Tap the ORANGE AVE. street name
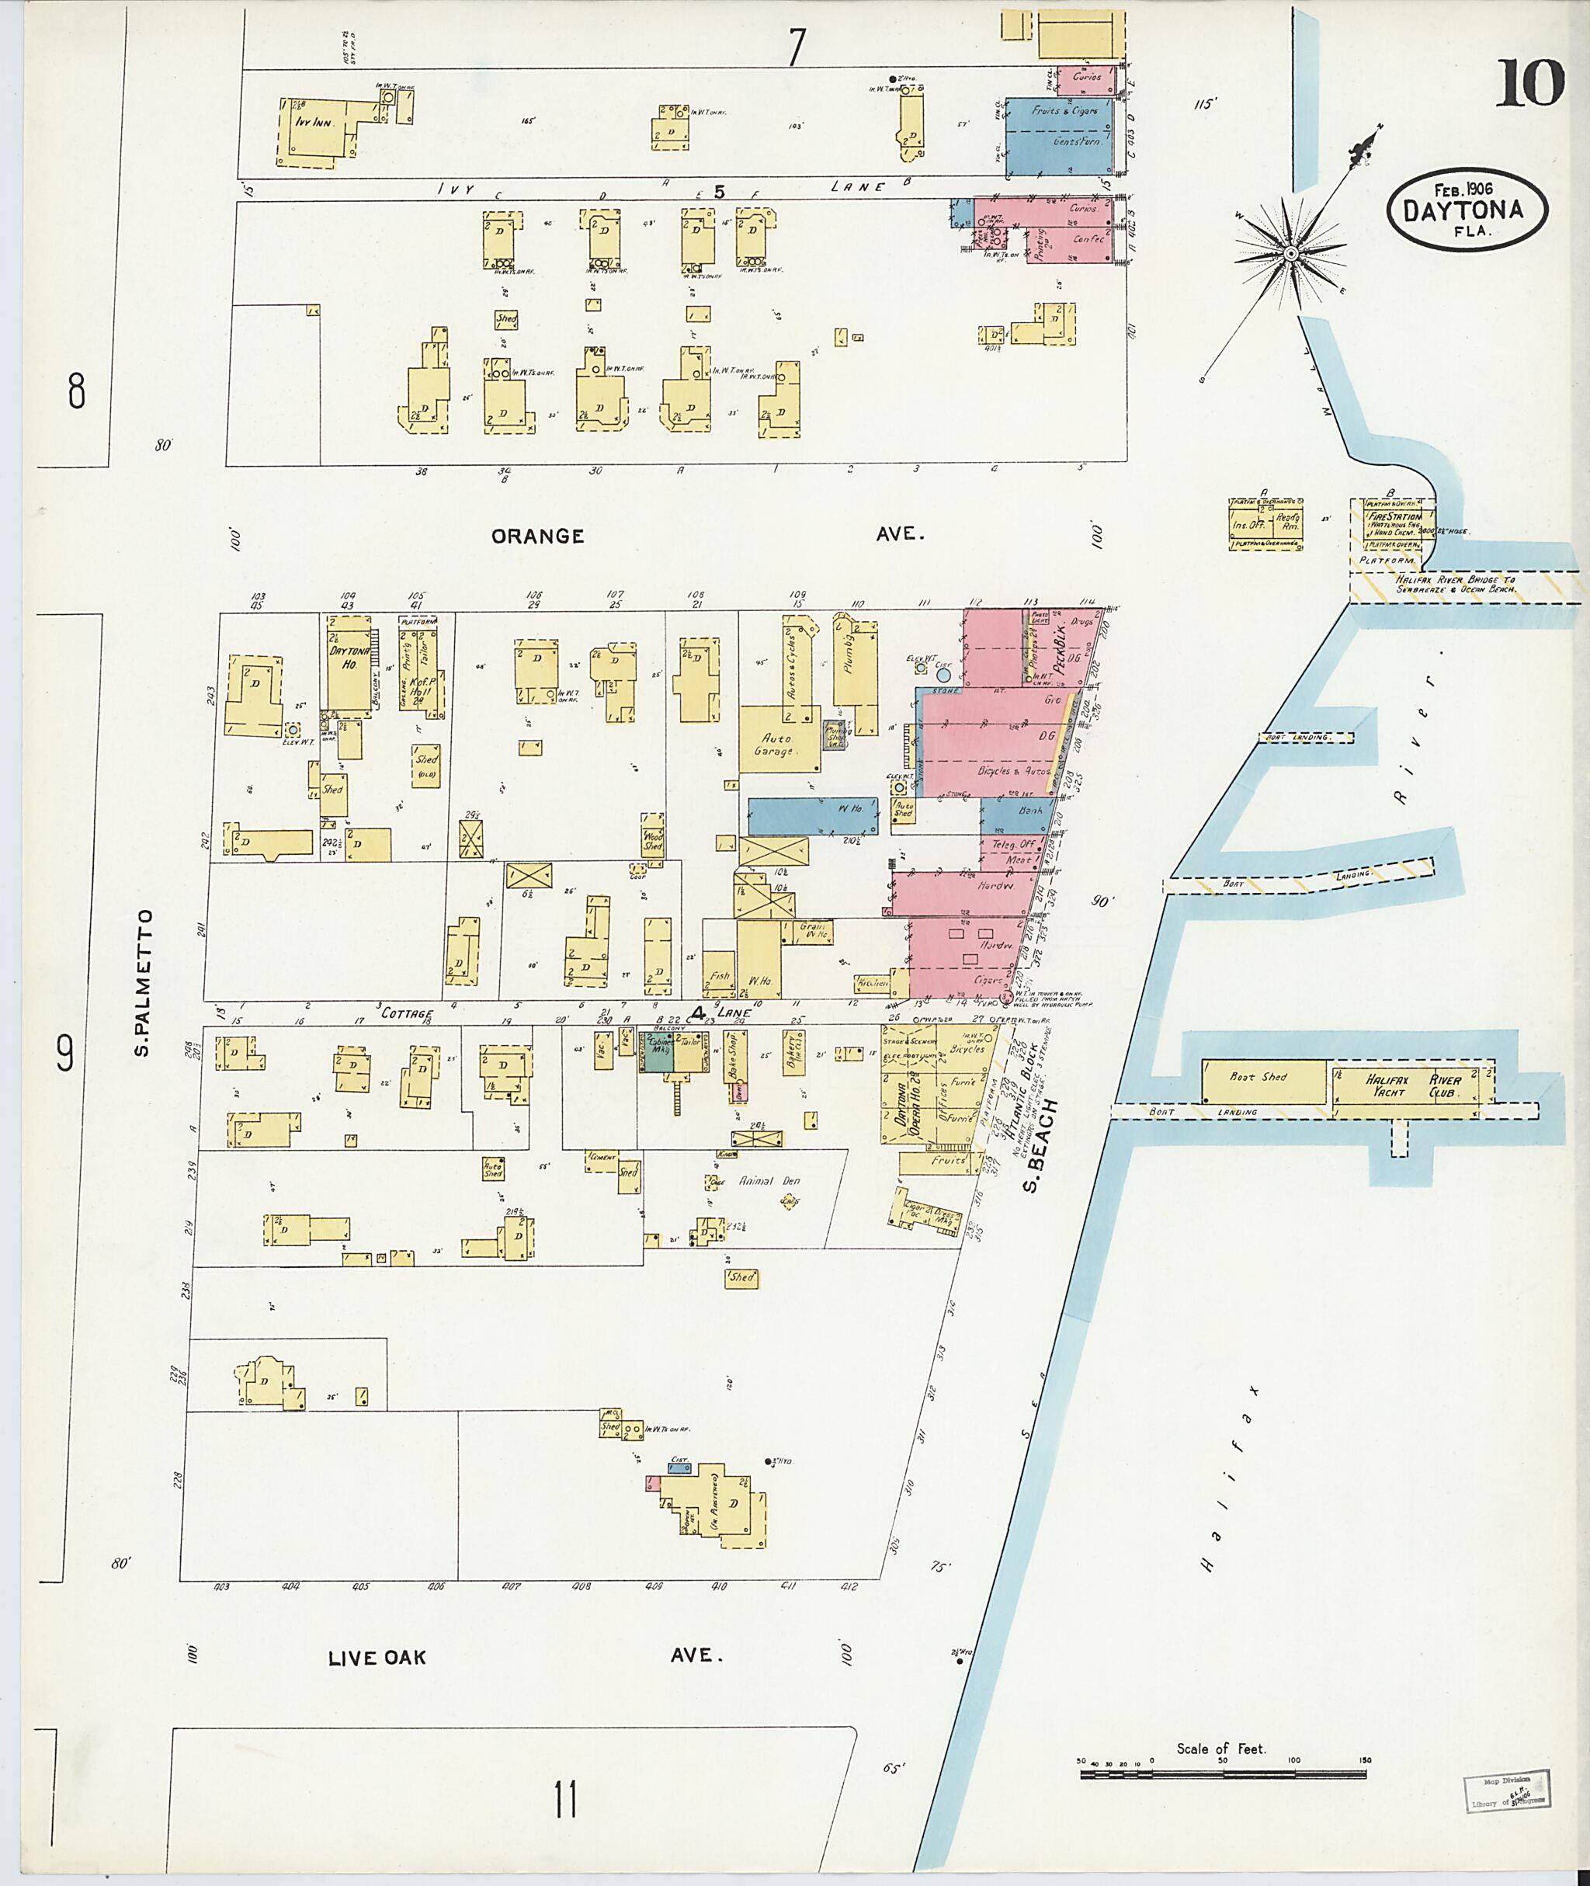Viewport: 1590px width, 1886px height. [x=538, y=536]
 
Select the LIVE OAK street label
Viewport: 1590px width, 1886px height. [x=376, y=1658]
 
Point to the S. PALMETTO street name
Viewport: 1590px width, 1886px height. [x=144, y=983]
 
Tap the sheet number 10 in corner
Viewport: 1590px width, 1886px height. [x=1530, y=84]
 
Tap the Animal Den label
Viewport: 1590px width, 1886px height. [x=769, y=1180]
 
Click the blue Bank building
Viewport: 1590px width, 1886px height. [x=1029, y=810]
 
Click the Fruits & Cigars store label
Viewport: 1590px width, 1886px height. [x=1064, y=111]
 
